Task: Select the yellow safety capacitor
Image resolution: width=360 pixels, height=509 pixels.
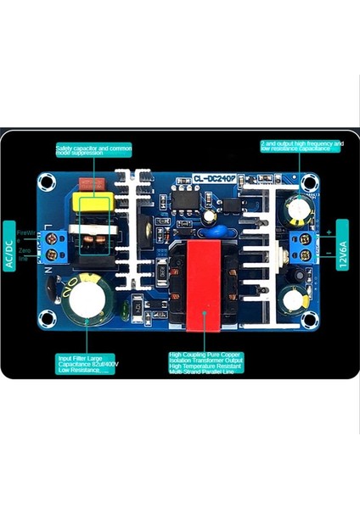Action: [x=87, y=204]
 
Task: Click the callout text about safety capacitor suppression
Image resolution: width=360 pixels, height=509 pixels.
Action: [x=93, y=150]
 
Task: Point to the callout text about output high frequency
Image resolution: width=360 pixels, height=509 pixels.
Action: [x=301, y=148]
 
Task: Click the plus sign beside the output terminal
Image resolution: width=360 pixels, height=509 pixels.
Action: [x=328, y=231]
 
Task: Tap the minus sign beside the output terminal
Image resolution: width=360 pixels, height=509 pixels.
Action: [x=328, y=254]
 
